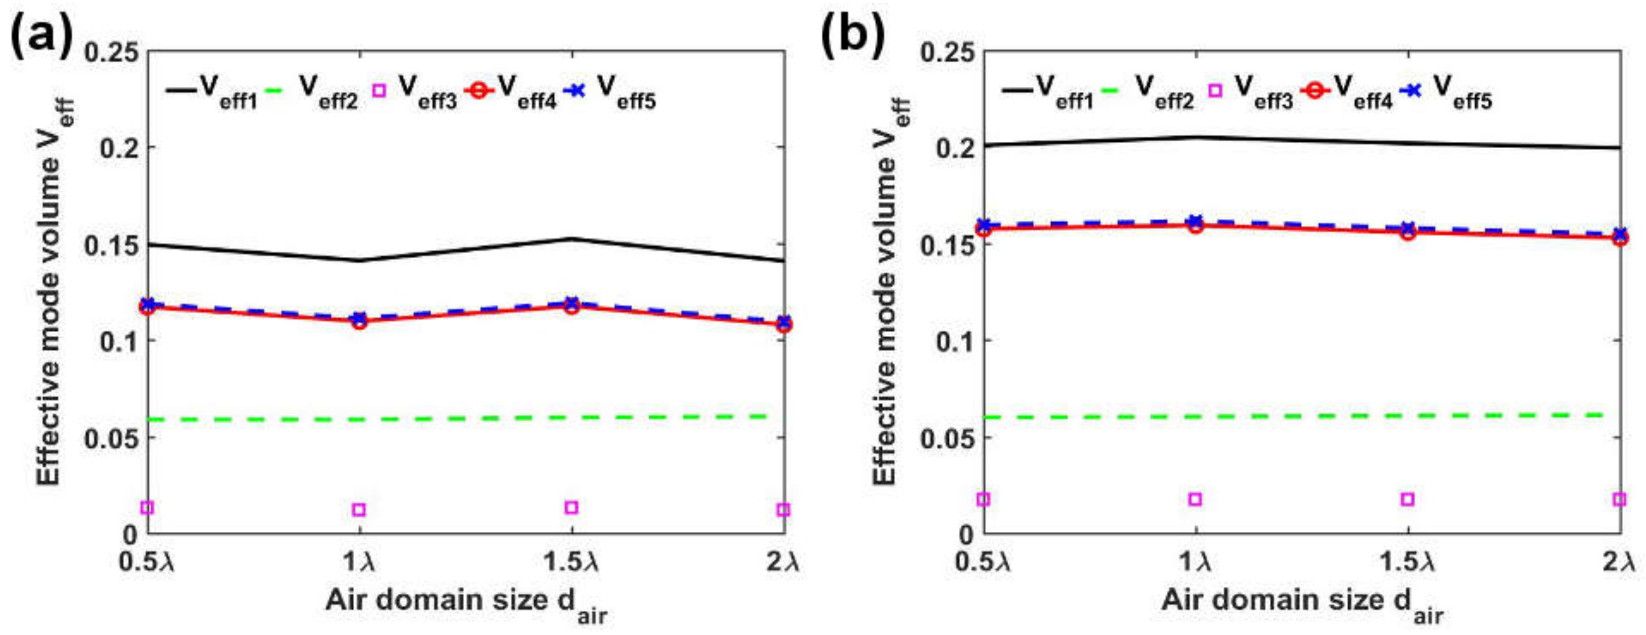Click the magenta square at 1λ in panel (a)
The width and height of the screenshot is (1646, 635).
point(359,510)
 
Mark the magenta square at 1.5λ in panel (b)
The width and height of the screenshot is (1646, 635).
point(1407,499)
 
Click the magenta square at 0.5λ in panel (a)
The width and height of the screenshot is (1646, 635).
point(148,508)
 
